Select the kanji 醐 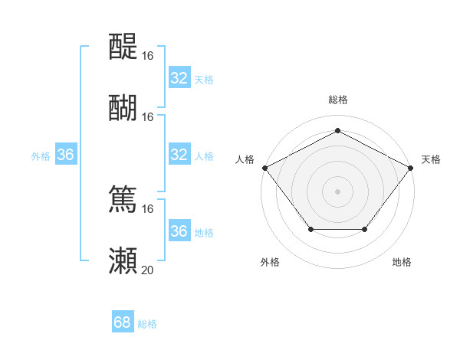pyautogui.click(x=123, y=108)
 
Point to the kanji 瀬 pyautogui.click(x=123, y=261)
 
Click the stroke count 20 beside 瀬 pyautogui.click(x=147, y=270)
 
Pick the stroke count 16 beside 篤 pyautogui.click(x=147, y=209)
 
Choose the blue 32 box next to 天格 pyautogui.click(x=179, y=78)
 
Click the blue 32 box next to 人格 pyautogui.click(x=179, y=155)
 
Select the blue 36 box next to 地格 pyautogui.click(x=179, y=231)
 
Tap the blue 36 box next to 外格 pyautogui.click(x=66, y=155)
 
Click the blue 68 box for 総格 pyautogui.click(x=123, y=322)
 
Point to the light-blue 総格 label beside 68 pyautogui.click(x=147, y=324)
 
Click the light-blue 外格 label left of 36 pyautogui.click(x=41, y=155)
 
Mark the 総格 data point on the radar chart pyautogui.click(x=337, y=129)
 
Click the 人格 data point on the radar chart pyautogui.click(x=264, y=167)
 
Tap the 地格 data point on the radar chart pyautogui.click(x=365, y=229)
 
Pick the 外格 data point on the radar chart pyautogui.click(x=310, y=229)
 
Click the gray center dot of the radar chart pyautogui.click(x=337, y=191)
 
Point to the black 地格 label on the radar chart pyautogui.click(x=402, y=262)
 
